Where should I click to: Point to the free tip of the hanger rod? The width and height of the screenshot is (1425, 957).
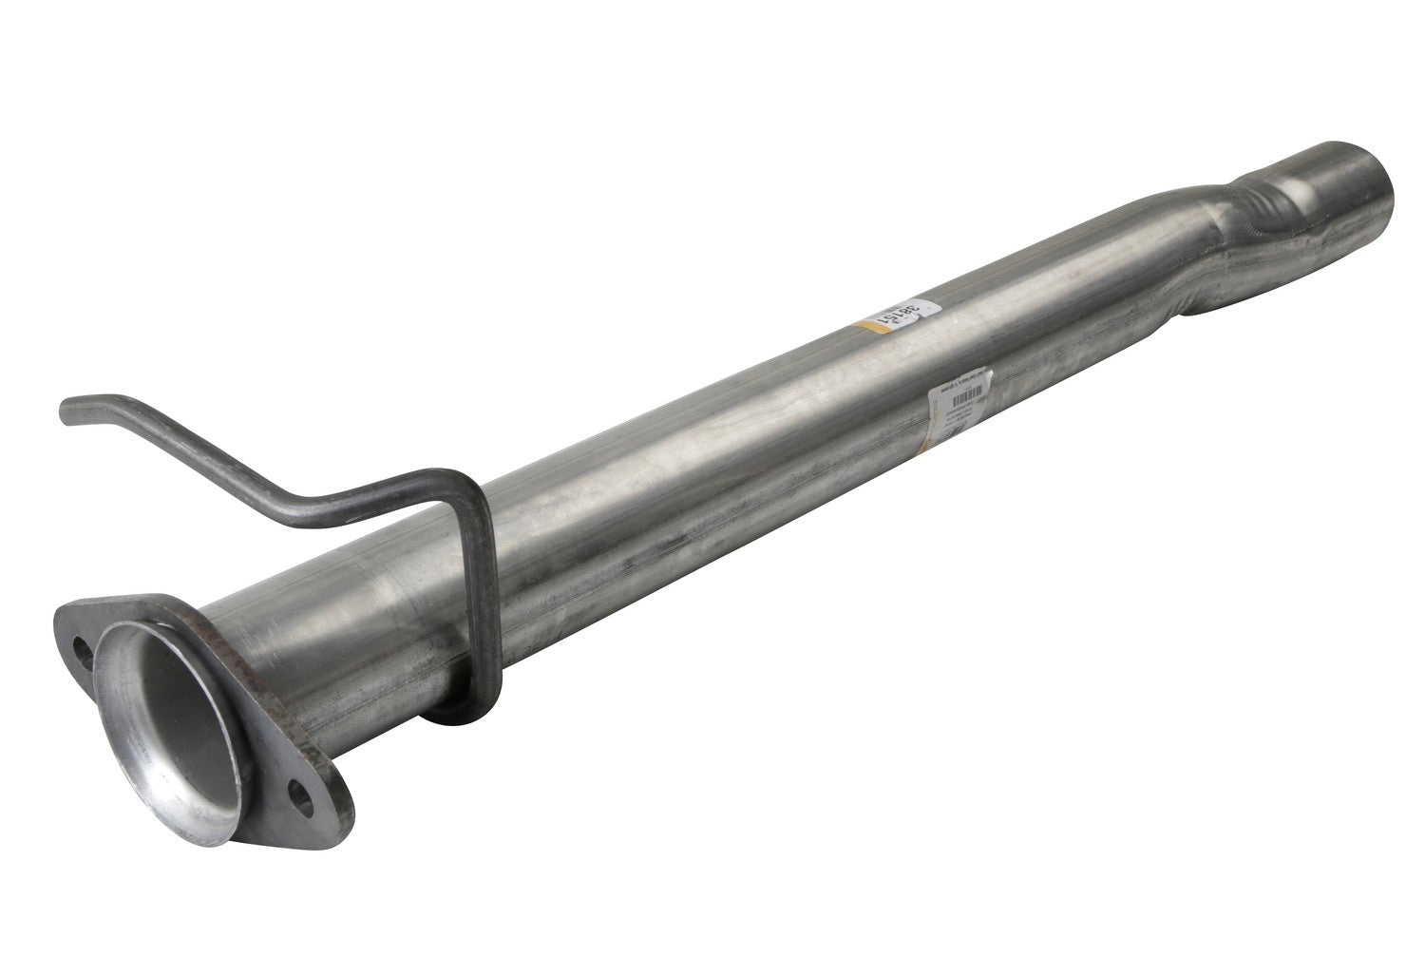pyautogui.click(x=66, y=412)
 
